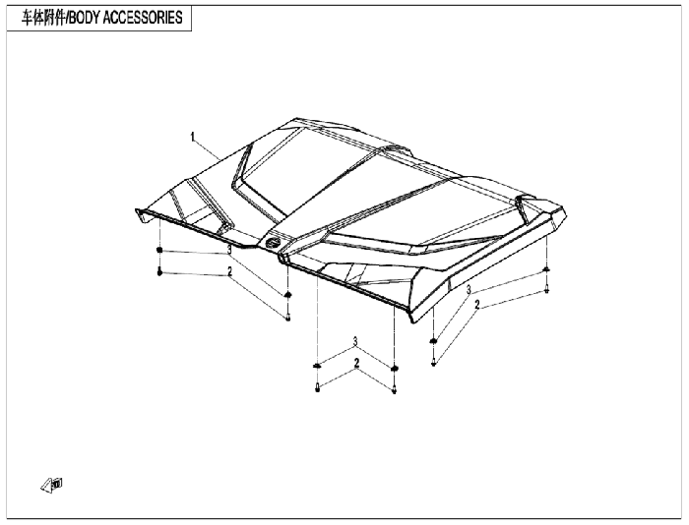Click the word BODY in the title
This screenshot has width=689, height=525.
coord(85,18)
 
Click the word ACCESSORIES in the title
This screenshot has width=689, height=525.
coord(143,18)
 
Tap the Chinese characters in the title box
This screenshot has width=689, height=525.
coord(43,18)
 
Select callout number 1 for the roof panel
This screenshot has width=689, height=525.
coord(192,137)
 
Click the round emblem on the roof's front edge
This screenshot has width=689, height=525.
coord(273,242)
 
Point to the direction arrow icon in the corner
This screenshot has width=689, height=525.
coord(52,485)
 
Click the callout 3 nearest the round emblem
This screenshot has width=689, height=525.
coord(229,250)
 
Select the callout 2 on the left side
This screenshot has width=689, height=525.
coord(229,271)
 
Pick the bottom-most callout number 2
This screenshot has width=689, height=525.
coord(356,364)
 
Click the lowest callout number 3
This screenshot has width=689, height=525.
coord(355,341)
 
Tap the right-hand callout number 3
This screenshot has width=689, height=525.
coord(469,290)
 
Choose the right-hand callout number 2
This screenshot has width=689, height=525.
coord(477,305)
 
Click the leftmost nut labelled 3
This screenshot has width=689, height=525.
coord(159,250)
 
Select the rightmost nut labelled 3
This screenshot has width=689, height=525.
coord(546,269)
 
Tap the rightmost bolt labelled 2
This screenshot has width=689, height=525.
coord(546,289)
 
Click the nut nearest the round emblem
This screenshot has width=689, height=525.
coord(287,295)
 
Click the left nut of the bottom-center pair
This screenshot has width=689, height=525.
coord(317,366)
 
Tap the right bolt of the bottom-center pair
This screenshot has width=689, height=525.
coord(394,389)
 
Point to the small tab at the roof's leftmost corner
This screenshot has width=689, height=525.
coord(140,215)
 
